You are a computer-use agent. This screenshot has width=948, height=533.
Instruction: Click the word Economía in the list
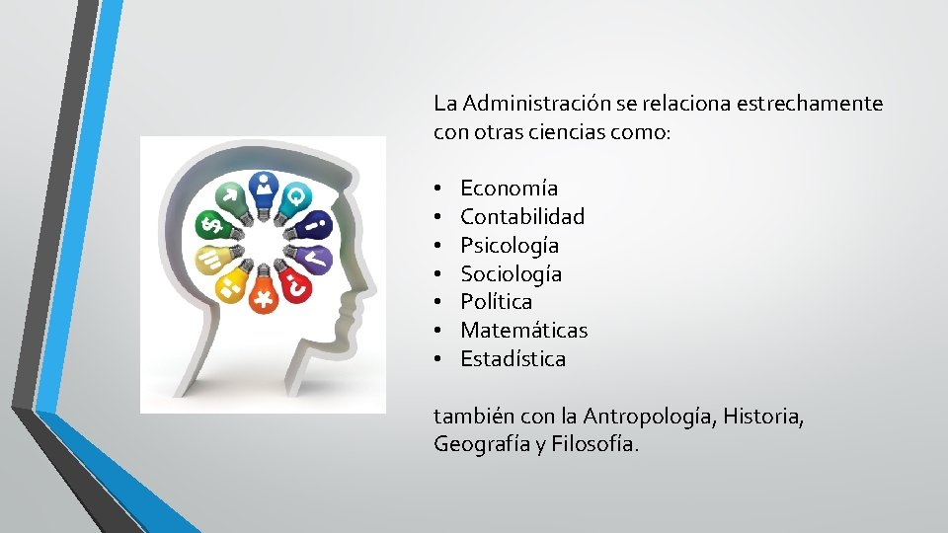[509, 188]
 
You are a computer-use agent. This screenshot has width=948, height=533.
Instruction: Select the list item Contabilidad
[522, 216]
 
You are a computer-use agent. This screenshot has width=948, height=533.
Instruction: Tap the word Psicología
[510, 245]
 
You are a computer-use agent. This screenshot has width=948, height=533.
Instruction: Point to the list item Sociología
[511, 273]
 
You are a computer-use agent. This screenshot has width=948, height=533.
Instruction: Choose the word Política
[496, 301]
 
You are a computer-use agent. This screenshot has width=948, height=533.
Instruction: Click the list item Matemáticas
[523, 330]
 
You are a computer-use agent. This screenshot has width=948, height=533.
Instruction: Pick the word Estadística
[513, 358]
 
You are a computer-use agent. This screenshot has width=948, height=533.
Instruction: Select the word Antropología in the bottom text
[647, 417]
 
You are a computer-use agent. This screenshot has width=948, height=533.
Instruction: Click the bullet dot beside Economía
[436, 189]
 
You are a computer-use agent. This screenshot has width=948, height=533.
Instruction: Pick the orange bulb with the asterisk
[263, 295]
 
